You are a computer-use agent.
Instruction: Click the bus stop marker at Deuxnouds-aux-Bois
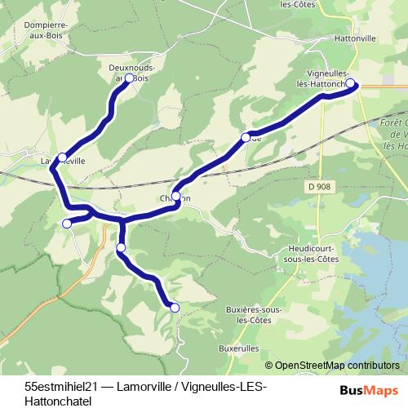tap(129, 78)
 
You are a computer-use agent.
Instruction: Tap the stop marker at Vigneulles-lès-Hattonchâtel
tap(351, 83)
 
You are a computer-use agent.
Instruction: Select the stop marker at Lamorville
tap(62, 156)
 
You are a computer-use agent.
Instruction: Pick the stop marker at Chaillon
tap(175, 196)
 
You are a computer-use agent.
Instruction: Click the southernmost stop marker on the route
tap(174, 307)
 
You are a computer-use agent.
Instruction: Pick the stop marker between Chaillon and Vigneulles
tap(245, 137)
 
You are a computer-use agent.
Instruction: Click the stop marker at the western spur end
tap(67, 223)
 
